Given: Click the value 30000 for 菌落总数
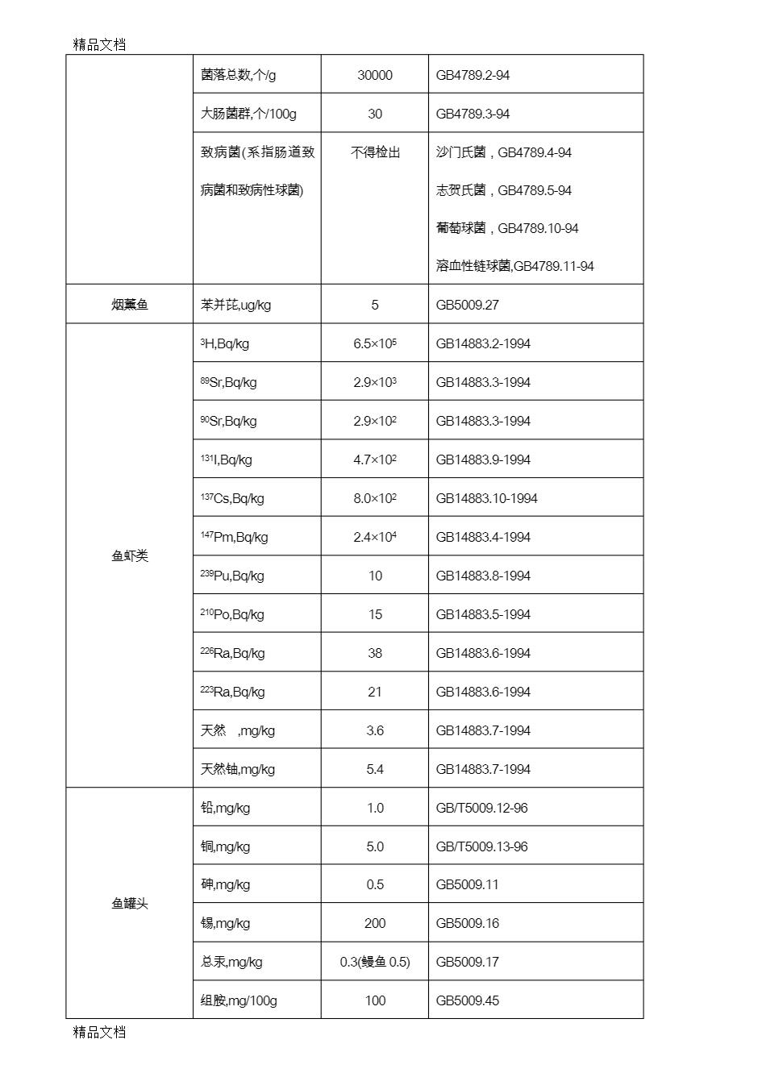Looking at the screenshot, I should (375, 75).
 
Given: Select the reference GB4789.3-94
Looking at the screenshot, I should (473, 114).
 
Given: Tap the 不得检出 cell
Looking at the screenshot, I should (375, 152).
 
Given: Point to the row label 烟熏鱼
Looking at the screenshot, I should (130, 305).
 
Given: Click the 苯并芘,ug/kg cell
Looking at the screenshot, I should (235, 305).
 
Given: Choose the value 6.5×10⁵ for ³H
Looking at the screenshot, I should (375, 343).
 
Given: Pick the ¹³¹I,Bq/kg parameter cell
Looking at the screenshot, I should (227, 460).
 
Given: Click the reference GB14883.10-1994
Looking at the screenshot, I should (486, 498).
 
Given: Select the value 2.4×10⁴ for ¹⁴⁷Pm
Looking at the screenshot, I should (375, 537).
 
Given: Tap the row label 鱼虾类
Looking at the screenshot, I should (130, 556).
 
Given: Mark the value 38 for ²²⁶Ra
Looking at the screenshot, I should (375, 653).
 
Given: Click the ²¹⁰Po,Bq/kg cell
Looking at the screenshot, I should (232, 614).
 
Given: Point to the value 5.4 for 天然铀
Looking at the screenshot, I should (375, 769).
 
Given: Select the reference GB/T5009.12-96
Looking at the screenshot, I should (481, 808).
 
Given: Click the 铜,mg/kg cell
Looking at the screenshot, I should (225, 846).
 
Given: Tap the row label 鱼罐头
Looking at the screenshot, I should (130, 904).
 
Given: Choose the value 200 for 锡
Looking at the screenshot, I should (375, 923).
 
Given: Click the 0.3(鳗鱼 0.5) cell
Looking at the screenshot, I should (375, 962).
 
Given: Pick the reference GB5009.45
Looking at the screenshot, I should (468, 1000).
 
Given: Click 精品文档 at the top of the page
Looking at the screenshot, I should (99, 45).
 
